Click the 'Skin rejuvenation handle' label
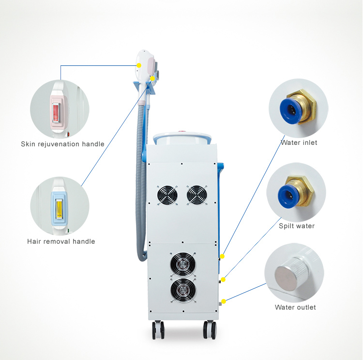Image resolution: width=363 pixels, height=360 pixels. click(x=62, y=144)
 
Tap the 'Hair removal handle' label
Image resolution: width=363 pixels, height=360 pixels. click(x=61, y=242)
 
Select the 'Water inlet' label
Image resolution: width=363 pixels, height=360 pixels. click(x=299, y=142)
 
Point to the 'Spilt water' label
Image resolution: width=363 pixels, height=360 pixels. click(x=297, y=226)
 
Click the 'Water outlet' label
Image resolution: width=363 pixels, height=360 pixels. click(x=295, y=307)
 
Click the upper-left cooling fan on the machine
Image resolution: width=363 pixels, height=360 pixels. click(x=167, y=195)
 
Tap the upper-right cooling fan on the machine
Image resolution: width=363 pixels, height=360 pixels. click(x=197, y=195)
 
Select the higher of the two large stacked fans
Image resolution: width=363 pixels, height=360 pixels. click(x=183, y=265)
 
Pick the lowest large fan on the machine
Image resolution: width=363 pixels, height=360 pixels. click(x=183, y=290)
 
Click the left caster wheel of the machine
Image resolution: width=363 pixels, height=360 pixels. click(x=158, y=330)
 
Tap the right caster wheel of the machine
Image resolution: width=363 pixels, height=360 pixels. click(x=210, y=330)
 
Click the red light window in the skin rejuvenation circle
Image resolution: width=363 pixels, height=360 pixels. click(x=56, y=113)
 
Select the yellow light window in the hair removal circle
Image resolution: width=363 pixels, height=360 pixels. click(x=59, y=209)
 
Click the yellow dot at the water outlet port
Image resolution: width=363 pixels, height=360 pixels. click(x=224, y=301)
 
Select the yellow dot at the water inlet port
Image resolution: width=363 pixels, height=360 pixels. click(x=222, y=256)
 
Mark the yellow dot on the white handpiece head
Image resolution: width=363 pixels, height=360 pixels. click(x=139, y=65)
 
